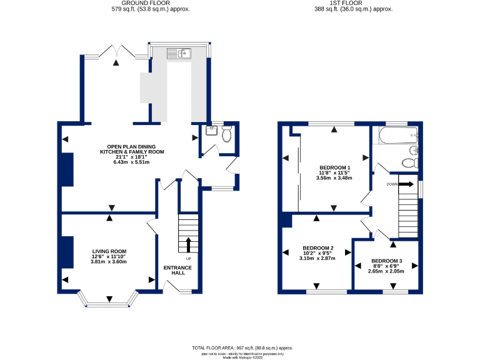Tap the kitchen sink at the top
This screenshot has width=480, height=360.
[x=178, y=54]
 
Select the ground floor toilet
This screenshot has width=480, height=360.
[x=226, y=133]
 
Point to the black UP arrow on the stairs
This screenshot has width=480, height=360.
[x=189, y=244]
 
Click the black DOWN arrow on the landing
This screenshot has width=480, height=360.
[x=406, y=184]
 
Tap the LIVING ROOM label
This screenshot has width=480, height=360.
[x=109, y=251]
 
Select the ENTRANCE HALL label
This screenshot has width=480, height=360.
[x=177, y=271]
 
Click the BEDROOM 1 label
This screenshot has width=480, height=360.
[x=334, y=167]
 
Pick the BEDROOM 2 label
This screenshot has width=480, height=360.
[x=317, y=247]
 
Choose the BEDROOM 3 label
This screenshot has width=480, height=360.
[x=386, y=261]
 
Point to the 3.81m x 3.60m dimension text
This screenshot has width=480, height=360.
[x=109, y=262]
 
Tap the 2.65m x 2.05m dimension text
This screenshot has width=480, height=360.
[x=386, y=271]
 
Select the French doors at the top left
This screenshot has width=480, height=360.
[x=116, y=54]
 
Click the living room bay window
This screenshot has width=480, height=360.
[x=109, y=305]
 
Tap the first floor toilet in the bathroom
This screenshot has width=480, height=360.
[x=409, y=162]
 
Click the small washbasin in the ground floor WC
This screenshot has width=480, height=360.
[x=211, y=131]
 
